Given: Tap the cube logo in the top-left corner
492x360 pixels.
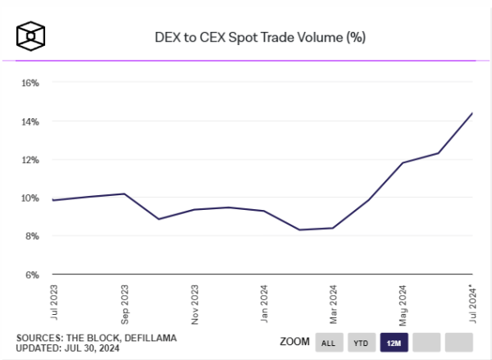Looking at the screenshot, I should coord(30,36).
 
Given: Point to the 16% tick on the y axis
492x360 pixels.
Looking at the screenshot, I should coord(30,83).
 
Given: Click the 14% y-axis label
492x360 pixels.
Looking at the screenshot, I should coord(30,121).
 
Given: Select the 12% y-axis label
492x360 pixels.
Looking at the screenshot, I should coord(30,159).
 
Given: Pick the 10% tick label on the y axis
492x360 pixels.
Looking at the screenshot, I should coord(30,198).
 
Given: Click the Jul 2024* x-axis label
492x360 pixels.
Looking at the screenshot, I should coord(471,302).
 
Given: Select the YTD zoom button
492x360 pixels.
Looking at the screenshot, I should coord(361,341).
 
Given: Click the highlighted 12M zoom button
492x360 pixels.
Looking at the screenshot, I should coord(394,341).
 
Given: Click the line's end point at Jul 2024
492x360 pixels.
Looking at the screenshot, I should coord(472,113).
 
